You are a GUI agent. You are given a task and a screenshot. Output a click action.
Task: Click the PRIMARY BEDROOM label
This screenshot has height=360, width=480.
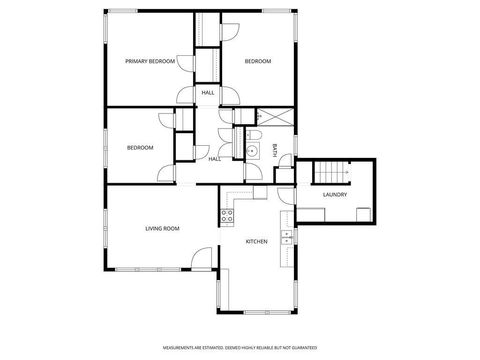(x=150, y=61)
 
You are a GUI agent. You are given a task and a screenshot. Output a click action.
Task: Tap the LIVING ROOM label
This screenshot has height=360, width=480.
(x=162, y=229)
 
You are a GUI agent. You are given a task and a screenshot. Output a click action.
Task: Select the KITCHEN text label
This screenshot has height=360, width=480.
(x=257, y=241)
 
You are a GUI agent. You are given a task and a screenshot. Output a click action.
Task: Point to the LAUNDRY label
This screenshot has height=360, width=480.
(x=335, y=194)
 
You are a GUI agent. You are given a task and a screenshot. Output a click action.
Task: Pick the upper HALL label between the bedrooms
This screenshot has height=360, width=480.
(x=208, y=93)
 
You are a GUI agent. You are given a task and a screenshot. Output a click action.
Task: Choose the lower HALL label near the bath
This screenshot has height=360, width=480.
(x=215, y=159)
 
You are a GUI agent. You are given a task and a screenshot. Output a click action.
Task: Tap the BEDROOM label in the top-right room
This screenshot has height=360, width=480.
(x=258, y=61)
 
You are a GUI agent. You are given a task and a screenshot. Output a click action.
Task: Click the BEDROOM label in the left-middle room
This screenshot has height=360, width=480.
(x=140, y=148)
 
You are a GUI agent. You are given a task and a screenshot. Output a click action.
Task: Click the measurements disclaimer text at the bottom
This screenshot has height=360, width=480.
(x=239, y=346)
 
